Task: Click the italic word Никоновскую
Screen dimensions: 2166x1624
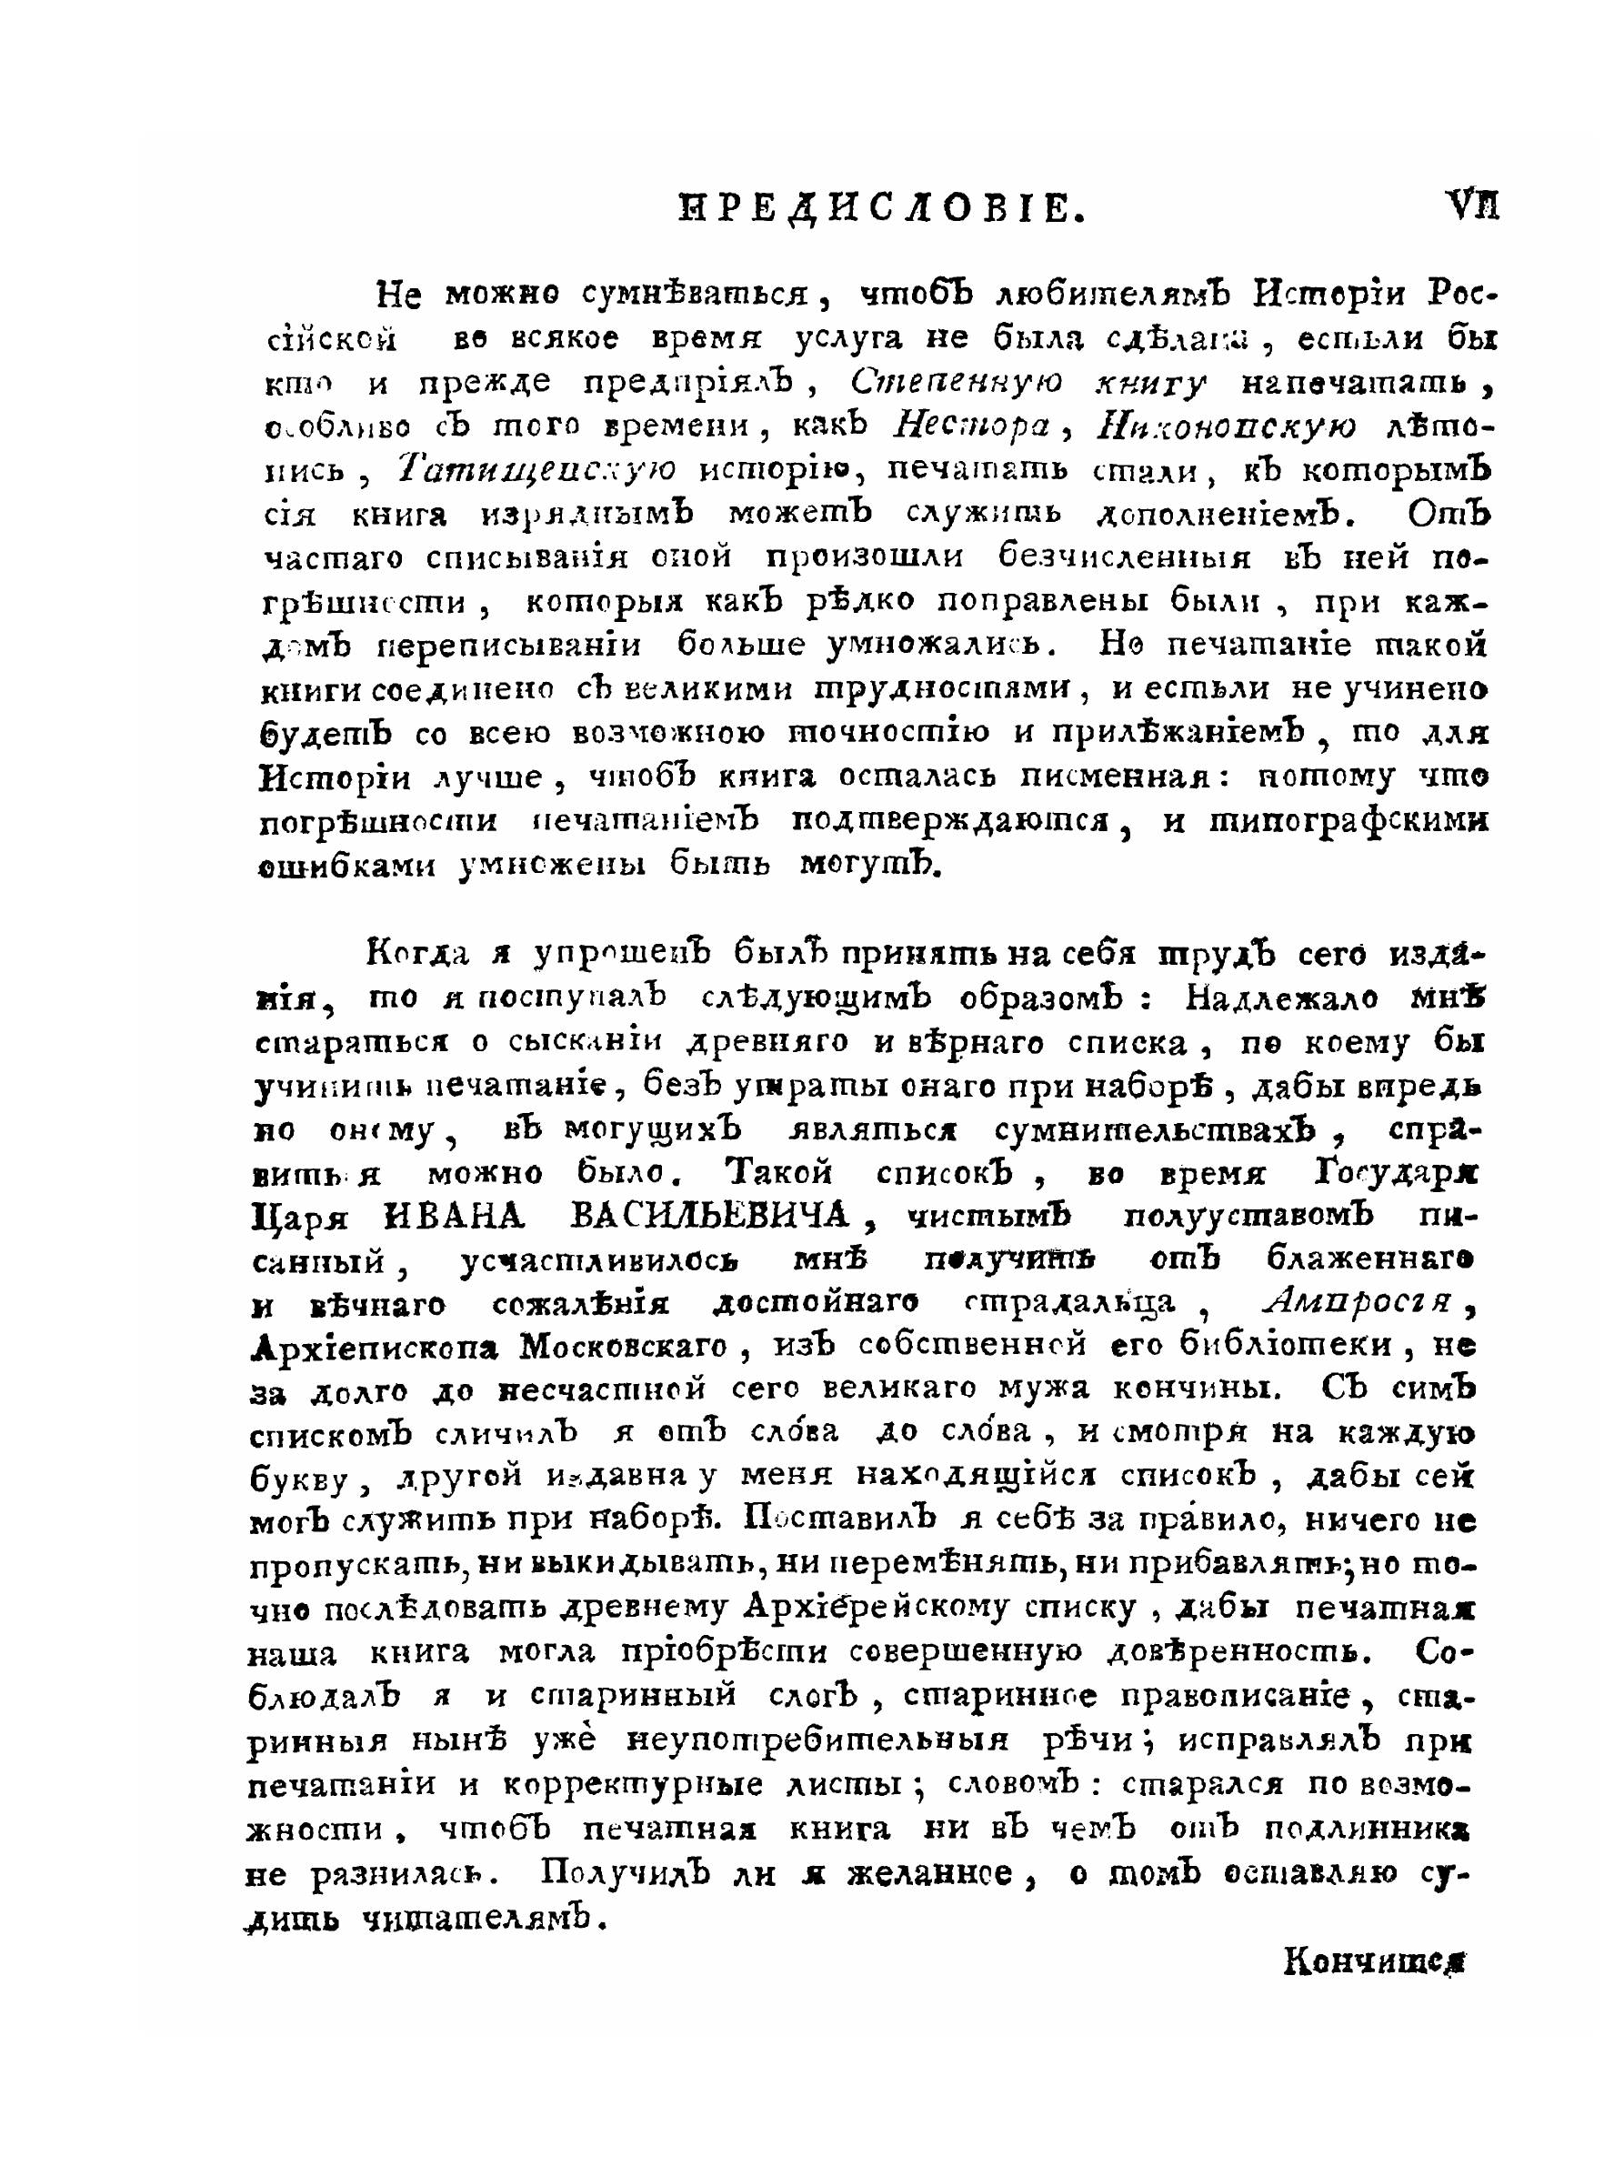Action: coord(1228,427)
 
